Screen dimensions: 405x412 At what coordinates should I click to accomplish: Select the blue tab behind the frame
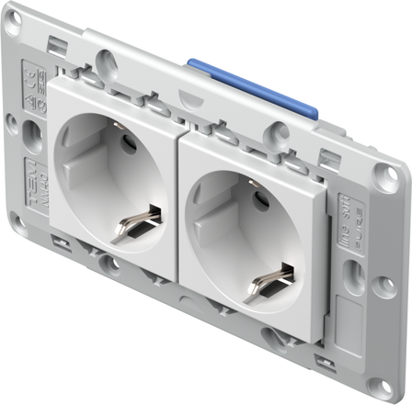[x=252, y=87]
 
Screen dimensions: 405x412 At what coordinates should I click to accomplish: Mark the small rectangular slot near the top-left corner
[x=57, y=42]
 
